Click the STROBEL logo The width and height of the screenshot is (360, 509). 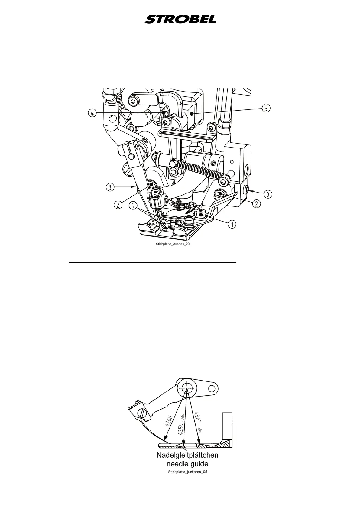pyautogui.click(x=180, y=19)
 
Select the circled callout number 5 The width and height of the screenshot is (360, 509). pyautogui.click(x=266, y=108)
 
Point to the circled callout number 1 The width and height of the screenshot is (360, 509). pyautogui.click(x=232, y=224)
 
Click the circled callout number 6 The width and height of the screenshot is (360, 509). pyautogui.click(x=132, y=205)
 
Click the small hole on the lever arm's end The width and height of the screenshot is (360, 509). pyautogui.click(x=213, y=387)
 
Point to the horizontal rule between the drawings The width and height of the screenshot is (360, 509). pyautogui.click(x=152, y=262)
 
